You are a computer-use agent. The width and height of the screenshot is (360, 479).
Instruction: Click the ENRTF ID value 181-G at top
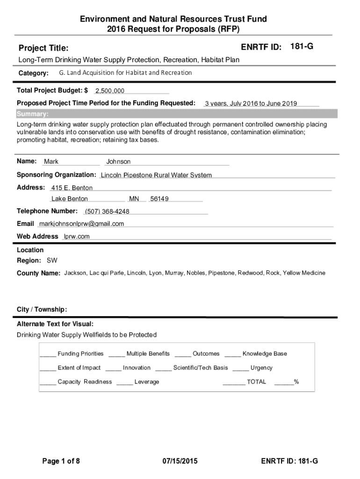coord(302,47)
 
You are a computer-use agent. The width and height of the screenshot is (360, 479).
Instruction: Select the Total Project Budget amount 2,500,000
coord(110,91)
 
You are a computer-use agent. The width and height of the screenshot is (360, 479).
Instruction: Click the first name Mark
coord(51,161)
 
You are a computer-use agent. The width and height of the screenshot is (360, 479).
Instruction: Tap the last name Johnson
coord(118,161)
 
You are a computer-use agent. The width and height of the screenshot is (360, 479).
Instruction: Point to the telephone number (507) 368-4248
coord(107,211)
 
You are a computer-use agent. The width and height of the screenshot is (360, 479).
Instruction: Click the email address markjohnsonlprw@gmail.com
coord(81,224)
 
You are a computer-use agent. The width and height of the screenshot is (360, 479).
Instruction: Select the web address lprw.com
coord(77,236)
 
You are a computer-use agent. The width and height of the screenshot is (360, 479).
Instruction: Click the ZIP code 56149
coord(159,199)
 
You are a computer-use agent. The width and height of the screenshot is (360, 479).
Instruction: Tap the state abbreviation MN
coord(134,199)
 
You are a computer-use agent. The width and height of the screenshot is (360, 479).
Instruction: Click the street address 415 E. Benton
coord(72,188)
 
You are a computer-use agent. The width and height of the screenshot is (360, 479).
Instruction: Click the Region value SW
coord(52,261)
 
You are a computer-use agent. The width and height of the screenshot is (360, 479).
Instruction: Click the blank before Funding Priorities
coord(48,354)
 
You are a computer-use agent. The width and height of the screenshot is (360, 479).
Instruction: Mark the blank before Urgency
coord(240,368)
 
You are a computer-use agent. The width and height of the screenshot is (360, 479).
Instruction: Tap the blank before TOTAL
coord(234,382)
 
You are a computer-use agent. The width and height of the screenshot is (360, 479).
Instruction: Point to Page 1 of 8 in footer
coord(61,461)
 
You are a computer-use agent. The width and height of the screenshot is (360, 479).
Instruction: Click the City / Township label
coord(42,310)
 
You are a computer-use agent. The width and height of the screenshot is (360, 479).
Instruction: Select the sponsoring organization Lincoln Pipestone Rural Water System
coord(156,175)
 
